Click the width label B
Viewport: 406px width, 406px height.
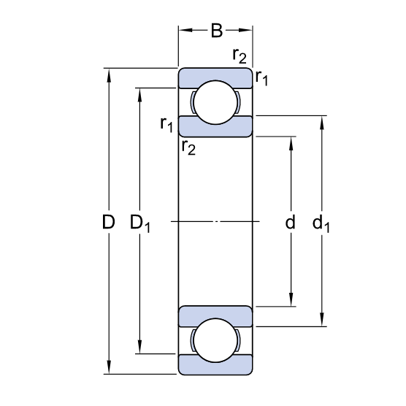217,31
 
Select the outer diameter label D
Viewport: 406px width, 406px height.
109,222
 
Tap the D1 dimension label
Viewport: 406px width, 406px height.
139,223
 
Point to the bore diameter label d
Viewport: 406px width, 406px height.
290,222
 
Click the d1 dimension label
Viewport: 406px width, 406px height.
321,223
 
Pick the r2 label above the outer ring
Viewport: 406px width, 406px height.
240,55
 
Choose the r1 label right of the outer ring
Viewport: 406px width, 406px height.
261,77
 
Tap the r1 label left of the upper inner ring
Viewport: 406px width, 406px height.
166,124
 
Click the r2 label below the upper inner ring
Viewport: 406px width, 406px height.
188,148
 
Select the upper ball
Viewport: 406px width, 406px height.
215,102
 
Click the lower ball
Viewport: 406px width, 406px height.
215,340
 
